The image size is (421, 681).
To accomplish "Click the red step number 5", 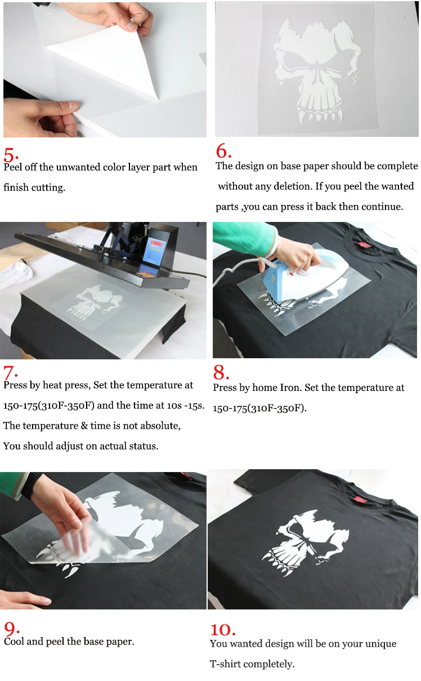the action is coord(11,155).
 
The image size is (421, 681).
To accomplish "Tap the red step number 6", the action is coord(223,151).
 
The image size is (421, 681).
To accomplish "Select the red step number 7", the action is coord(10,372).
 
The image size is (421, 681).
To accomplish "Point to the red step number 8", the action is coord(221,372).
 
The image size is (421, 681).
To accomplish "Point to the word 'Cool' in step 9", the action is coord(14,642).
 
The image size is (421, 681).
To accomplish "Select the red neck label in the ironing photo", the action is coord(365,244).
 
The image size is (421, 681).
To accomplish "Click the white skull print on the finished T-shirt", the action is coord(305,542).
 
